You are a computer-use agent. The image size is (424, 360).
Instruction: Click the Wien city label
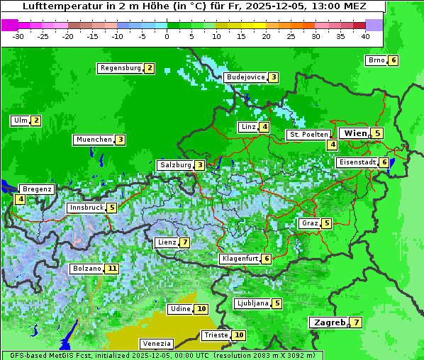tap(355, 133)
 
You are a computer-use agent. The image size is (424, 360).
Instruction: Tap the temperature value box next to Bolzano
tap(112, 269)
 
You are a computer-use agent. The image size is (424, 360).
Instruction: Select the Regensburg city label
tap(120, 68)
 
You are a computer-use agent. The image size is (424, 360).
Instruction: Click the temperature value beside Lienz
tap(184, 242)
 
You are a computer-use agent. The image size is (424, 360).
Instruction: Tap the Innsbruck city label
tap(85, 208)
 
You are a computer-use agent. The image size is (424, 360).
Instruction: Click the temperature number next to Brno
tap(393, 60)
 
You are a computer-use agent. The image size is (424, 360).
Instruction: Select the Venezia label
tap(156, 343)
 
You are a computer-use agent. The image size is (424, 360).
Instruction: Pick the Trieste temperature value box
tap(240, 335)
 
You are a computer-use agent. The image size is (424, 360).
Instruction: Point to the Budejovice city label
tap(245, 77)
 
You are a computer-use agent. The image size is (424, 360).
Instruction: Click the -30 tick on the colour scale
tap(18, 36)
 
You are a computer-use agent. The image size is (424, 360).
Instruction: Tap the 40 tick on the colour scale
tap(365, 36)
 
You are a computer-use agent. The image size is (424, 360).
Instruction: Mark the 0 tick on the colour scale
tap(167, 36)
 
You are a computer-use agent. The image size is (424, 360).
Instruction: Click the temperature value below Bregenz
tap(20, 200)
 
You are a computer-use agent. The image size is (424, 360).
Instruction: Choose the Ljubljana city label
tap(252, 303)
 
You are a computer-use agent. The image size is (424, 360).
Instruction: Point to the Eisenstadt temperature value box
tap(384, 162)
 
